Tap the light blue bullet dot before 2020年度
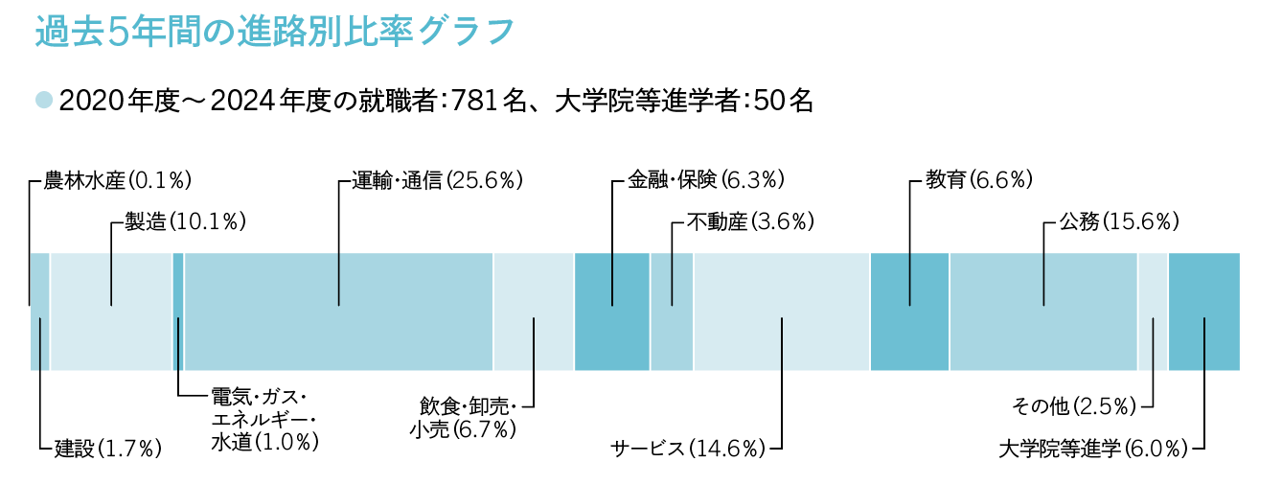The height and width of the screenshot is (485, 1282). [43, 100]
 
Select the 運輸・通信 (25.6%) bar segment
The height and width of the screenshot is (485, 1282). [338, 312]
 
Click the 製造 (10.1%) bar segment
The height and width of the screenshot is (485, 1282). [111, 312]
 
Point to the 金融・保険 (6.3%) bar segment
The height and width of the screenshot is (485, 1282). [611, 312]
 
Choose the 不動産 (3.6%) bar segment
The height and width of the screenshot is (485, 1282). [672, 312]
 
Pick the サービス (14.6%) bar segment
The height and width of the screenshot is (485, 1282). [782, 312]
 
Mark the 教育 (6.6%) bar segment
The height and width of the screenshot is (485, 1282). [909, 312]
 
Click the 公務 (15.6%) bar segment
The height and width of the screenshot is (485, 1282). [1043, 312]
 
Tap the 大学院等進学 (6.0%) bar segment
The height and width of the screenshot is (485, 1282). [1204, 312]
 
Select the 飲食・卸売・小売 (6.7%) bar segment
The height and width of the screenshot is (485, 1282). [534, 312]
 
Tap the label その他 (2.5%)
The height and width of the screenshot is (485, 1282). [1074, 406]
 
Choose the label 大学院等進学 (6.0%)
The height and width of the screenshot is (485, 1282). [1092, 448]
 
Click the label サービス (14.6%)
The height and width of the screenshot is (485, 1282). [689, 448]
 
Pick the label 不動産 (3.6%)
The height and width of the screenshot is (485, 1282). [750, 222]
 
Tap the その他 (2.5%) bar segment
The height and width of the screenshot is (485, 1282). [1153, 312]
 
